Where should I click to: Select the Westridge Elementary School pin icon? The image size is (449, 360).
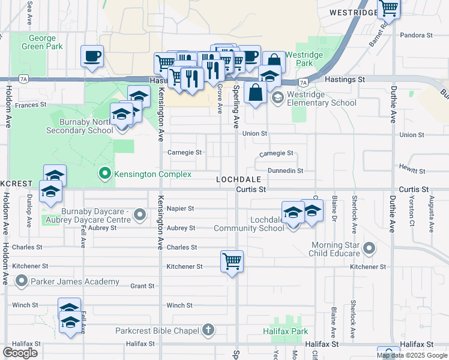click(277, 98)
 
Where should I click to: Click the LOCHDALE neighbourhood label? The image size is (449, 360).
click(239, 179)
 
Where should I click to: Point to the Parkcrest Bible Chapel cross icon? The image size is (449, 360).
click(208, 329)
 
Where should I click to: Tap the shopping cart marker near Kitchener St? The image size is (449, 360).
click(232, 261)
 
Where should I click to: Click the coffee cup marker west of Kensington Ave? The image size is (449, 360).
click(92, 56)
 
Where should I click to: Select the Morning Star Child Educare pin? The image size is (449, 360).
click(370, 247)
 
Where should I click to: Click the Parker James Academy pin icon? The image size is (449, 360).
click(22, 281)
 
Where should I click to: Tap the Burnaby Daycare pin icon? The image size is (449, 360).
click(140, 215)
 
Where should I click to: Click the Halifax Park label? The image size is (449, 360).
click(285, 331)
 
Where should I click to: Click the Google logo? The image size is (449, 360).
click(20, 353)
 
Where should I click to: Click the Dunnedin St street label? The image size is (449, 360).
click(285, 171)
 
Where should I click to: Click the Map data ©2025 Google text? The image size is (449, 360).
click(412, 355)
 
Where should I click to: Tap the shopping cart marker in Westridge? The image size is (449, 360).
click(389, 8)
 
